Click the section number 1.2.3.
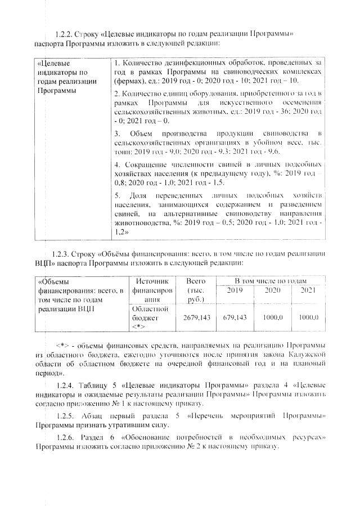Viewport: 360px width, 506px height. coord(60,254)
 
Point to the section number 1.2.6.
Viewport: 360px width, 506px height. coord(67,437)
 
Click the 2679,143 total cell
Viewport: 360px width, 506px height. coord(197,317)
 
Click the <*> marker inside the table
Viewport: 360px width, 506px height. coord(137,326)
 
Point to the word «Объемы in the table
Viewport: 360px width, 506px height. coord(52,281)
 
